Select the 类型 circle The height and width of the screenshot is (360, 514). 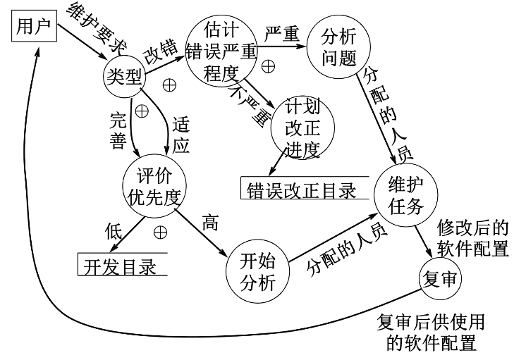pyautogui.click(x=124, y=75)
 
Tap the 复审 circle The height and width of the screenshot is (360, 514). pyautogui.click(x=440, y=280)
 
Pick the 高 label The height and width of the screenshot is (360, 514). pyautogui.click(x=209, y=225)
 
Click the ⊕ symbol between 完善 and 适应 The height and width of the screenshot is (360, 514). pyautogui.click(x=142, y=111)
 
